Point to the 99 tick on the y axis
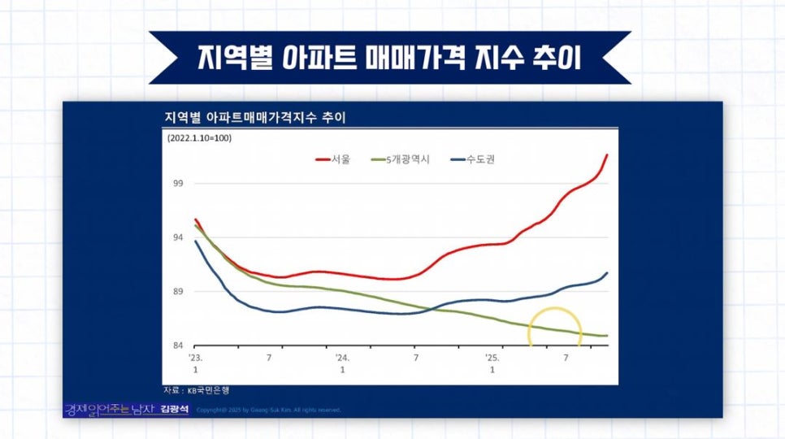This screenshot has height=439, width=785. pyautogui.click(x=178, y=183)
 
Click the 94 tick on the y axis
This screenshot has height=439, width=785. pyautogui.click(x=178, y=237)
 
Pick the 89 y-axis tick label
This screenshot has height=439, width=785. pyautogui.click(x=178, y=292)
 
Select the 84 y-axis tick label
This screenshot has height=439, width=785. pyautogui.click(x=178, y=346)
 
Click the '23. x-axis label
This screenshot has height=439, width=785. pyautogui.click(x=195, y=357)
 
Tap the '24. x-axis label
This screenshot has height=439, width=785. pyautogui.click(x=342, y=357)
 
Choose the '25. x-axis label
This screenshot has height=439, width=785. pyautogui.click(x=492, y=357)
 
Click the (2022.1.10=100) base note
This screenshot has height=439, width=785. pyautogui.click(x=199, y=138)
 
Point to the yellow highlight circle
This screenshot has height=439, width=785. pyautogui.click(x=556, y=328)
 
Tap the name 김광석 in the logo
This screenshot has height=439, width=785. pyautogui.click(x=175, y=410)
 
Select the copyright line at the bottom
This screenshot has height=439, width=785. pyautogui.click(x=268, y=410)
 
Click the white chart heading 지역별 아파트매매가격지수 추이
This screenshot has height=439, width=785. pyautogui.click(x=255, y=118)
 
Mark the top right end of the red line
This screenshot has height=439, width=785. pyautogui.click(x=607, y=154)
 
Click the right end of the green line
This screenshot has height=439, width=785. pyautogui.click(x=607, y=336)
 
